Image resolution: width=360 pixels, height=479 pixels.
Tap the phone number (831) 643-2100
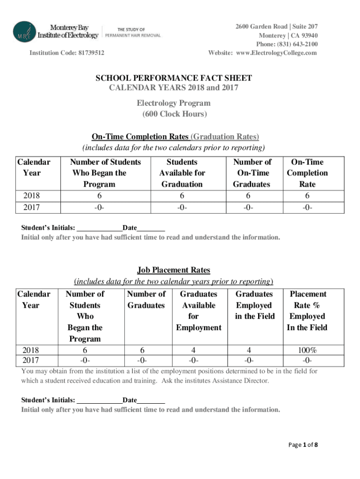(x=296, y=44)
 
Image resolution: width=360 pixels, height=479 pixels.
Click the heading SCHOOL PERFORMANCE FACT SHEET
(x=174, y=78)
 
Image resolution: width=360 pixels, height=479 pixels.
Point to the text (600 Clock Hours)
(x=173, y=114)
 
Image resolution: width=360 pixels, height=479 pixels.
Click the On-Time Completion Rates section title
(x=140, y=137)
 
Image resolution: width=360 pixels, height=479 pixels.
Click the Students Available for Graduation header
(x=182, y=173)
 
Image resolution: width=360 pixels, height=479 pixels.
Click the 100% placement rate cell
(x=308, y=350)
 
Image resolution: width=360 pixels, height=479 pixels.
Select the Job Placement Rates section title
(x=173, y=270)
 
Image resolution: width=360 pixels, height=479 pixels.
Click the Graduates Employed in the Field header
(x=254, y=305)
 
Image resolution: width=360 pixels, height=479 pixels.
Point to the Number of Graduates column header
(x=146, y=299)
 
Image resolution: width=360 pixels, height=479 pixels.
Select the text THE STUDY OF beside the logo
(x=131, y=29)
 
